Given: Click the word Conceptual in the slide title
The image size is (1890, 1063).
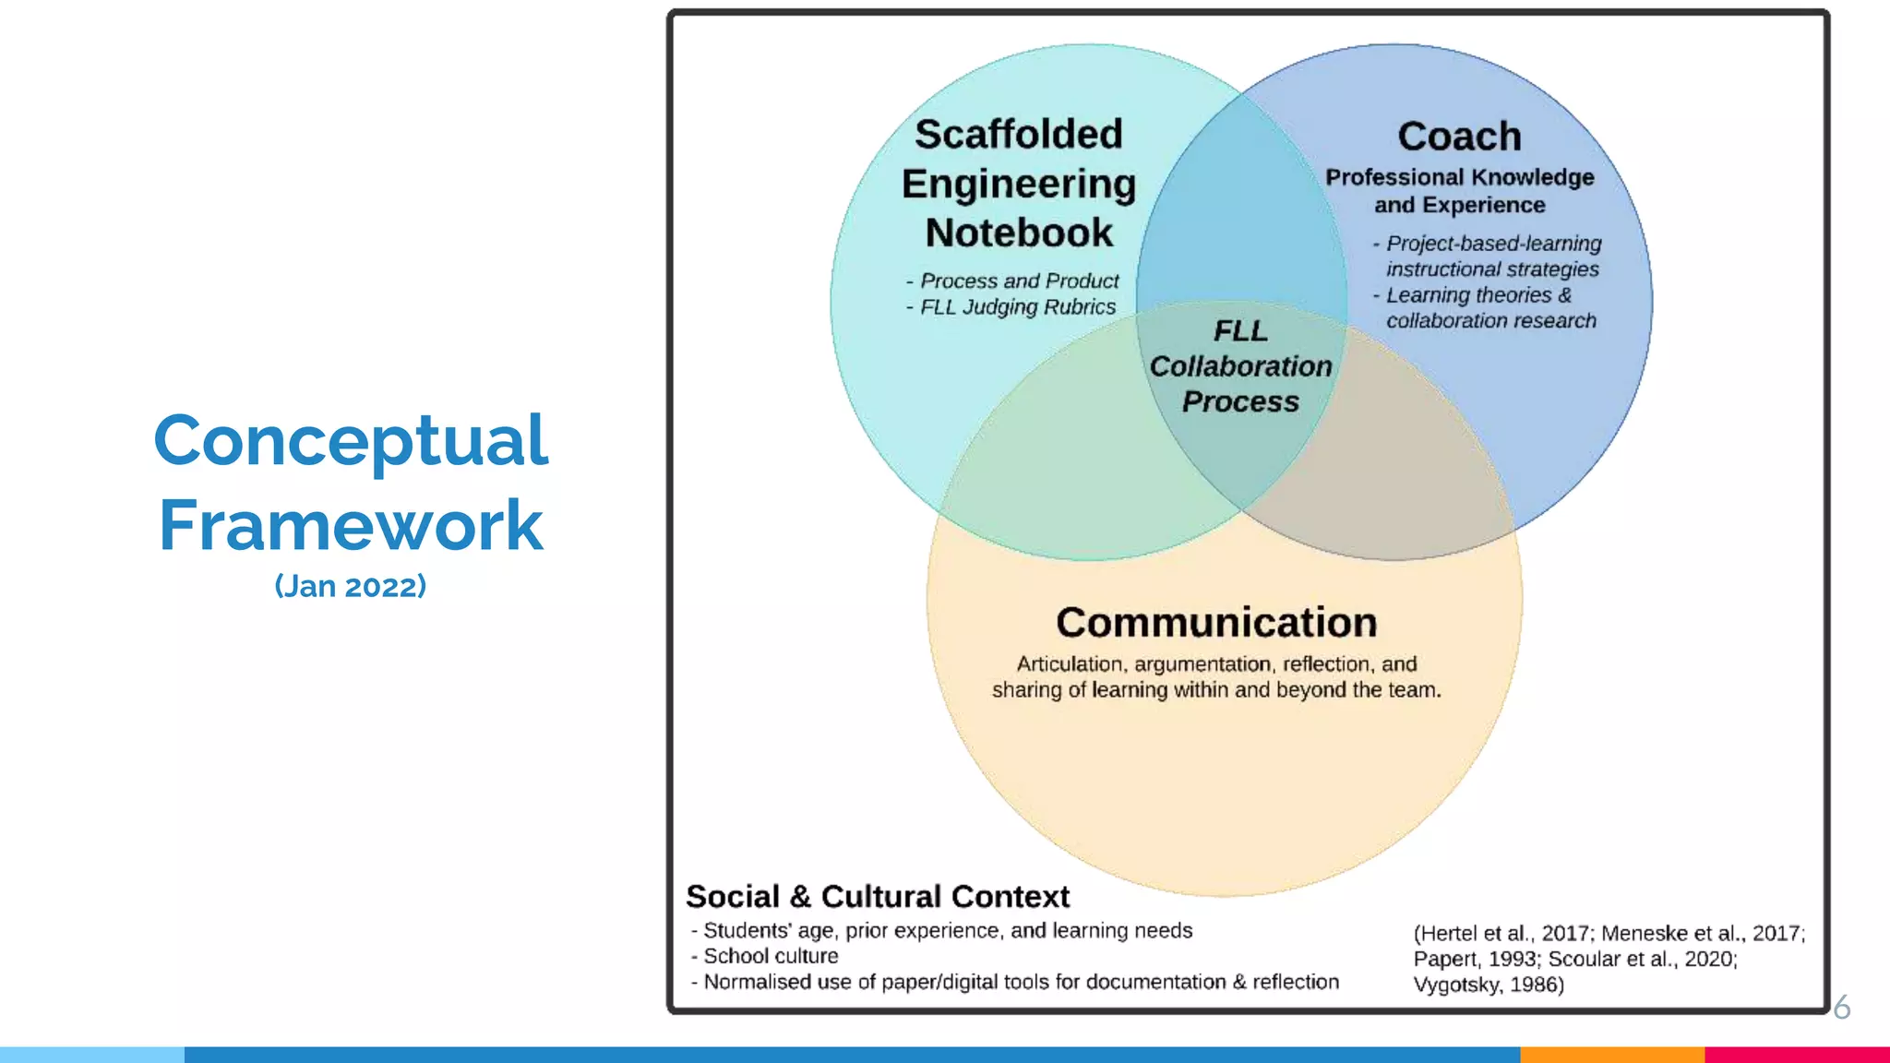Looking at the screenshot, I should click(x=351, y=441).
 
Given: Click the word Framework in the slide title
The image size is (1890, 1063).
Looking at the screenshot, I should click(x=351, y=526).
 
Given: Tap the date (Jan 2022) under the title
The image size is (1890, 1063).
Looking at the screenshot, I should click(x=351, y=586).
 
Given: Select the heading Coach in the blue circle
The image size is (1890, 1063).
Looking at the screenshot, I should click(x=1459, y=137).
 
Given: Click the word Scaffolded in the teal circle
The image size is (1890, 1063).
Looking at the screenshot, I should click(x=1019, y=135).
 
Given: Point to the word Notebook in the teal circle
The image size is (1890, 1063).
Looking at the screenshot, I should click(x=1019, y=233).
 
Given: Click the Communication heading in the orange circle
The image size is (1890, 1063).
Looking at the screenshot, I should click(x=1216, y=623).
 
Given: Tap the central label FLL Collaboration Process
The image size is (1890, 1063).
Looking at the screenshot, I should click(x=1240, y=366).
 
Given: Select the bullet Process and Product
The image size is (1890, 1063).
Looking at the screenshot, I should click(x=1019, y=281).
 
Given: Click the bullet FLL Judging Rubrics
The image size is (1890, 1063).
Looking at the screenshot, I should click(x=1017, y=307).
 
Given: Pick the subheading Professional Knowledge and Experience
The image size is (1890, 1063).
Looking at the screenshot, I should click(x=1459, y=191).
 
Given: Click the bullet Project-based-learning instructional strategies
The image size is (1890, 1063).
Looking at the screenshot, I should click(x=1492, y=257).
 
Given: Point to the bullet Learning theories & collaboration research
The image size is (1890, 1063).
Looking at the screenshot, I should click(x=1489, y=308).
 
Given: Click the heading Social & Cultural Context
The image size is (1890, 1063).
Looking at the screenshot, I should click(x=878, y=897).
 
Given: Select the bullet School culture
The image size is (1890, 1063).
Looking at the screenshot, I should click(x=771, y=957).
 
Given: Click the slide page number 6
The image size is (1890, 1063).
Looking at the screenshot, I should click(x=1841, y=1008).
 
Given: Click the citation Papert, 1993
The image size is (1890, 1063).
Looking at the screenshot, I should click(x=1477, y=960).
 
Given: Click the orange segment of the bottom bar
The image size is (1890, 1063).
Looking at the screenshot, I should click(x=1611, y=1054).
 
